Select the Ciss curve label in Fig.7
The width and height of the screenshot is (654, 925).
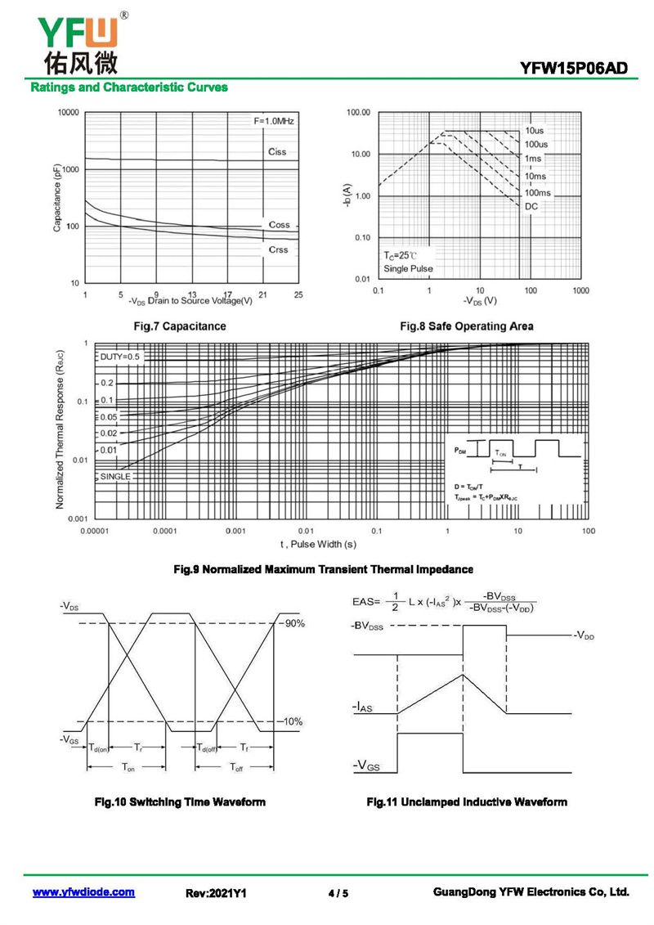click(278, 152)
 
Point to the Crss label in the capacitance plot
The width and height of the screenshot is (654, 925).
click(278, 249)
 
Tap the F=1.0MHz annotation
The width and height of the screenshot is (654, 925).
click(274, 121)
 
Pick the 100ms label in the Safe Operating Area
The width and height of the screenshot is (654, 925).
click(538, 192)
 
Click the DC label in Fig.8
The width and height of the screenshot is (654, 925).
click(531, 206)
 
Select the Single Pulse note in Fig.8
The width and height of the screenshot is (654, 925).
click(408, 268)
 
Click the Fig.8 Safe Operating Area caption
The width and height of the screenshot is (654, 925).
click(466, 326)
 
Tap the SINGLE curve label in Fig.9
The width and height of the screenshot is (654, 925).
click(115, 476)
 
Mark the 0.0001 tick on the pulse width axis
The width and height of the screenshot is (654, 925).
click(164, 532)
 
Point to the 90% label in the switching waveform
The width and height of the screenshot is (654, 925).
click(294, 624)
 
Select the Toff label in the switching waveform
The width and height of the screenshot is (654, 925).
click(236, 767)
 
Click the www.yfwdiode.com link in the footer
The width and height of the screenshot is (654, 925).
click(83, 892)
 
